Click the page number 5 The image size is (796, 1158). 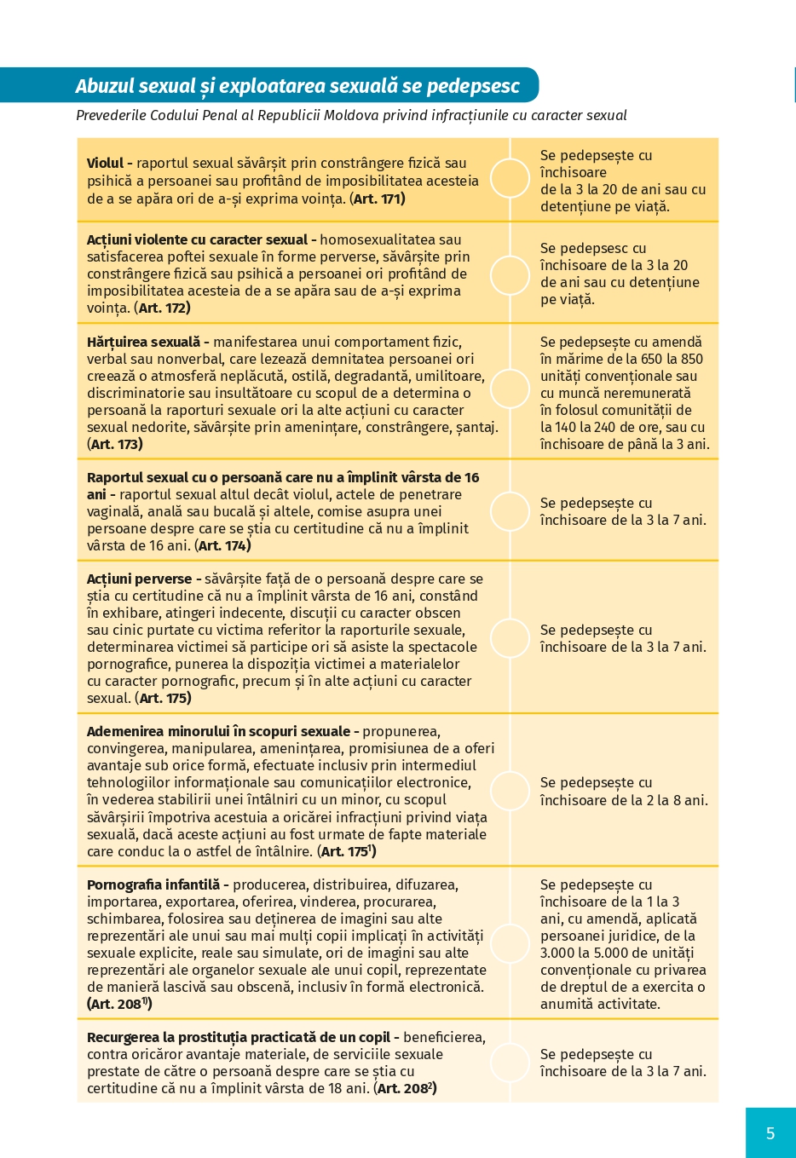click(770, 1132)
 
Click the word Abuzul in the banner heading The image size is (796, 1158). click(105, 86)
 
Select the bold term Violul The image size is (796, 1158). click(105, 164)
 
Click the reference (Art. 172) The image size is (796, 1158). click(163, 308)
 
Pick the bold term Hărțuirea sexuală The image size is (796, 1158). click(143, 342)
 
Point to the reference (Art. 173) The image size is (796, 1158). click(115, 444)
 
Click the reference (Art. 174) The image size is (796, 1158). click(222, 545)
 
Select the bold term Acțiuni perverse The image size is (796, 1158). click(139, 579)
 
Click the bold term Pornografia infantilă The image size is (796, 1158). click(153, 884)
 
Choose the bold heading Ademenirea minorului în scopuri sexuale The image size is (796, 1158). click(218, 731)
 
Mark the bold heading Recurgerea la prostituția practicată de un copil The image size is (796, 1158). click(239, 1037)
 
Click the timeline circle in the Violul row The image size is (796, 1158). click(510, 179)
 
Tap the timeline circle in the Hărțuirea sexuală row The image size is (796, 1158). click(510, 389)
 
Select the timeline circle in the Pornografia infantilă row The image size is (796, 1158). click(510, 942)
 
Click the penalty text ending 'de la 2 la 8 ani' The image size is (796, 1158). click(623, 792)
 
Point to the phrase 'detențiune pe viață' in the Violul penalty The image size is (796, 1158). click(605, 206)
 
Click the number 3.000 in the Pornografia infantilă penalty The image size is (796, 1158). click(557, 953)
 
